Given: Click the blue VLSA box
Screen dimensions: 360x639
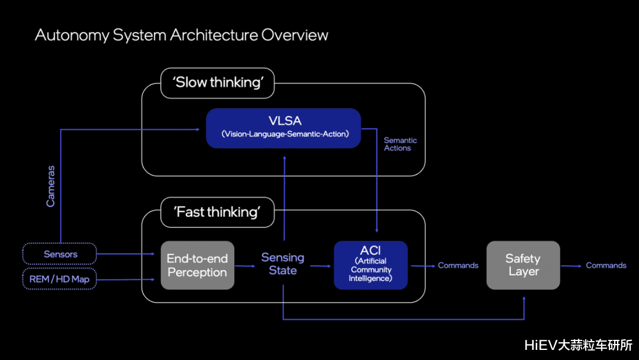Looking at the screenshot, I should tap(283, 128).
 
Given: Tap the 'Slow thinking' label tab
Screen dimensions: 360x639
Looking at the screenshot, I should tap(218, 82).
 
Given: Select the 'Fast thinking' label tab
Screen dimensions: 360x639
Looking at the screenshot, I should tap(218, 212).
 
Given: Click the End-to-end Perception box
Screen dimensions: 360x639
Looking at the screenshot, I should tap(197, 265).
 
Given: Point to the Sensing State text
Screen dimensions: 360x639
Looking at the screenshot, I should tap(283, 264).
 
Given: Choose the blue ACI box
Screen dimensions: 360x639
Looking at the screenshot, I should tap(370, 265).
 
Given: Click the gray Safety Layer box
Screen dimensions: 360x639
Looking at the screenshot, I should tap(523, 265).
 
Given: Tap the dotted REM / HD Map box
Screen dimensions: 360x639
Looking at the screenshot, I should tap(59, 279).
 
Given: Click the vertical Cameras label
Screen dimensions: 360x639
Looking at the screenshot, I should tap(51, 186).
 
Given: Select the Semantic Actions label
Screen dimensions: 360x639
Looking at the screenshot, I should tap(401, 144).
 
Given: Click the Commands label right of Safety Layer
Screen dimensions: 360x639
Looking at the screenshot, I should tap(606, 265).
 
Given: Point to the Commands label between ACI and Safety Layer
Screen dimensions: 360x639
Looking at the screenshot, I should tap(458, 265).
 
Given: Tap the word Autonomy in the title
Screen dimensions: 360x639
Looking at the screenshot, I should tap(72, 35).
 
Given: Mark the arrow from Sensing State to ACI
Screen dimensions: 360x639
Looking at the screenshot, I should tap(320, 266).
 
